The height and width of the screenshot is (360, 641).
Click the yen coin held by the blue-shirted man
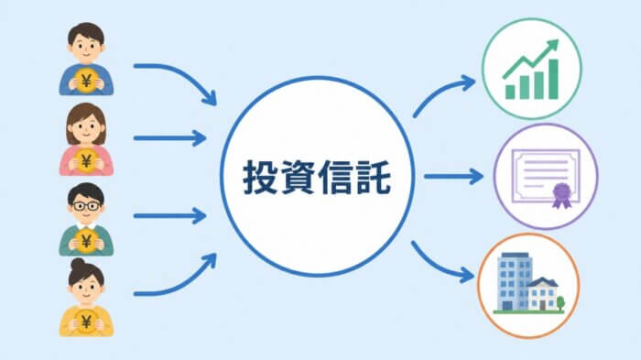point(86,81)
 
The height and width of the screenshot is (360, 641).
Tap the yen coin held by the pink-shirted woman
point(86,161)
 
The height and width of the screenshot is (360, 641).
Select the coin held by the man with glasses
point(86,241)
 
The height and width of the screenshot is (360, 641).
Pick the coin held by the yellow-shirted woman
point(86,322)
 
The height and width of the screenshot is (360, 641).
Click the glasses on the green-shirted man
point(86,206)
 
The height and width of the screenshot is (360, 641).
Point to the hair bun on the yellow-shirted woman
point(78,264)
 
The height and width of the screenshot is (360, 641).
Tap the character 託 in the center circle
point(374,177)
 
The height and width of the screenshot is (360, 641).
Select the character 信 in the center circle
point(336,177)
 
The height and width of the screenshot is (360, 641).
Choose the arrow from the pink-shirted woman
point(169,138)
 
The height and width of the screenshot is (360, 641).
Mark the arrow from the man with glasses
point(169,216)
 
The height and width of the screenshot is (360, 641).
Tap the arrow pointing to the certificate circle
point(454,177)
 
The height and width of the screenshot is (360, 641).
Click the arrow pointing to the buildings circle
point(438,265)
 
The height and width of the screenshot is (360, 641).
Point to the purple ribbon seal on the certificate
point(561,195)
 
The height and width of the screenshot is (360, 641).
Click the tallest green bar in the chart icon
point(553,79)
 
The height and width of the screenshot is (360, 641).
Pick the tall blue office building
point(515,281)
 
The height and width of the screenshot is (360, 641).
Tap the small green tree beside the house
point(560,302)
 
